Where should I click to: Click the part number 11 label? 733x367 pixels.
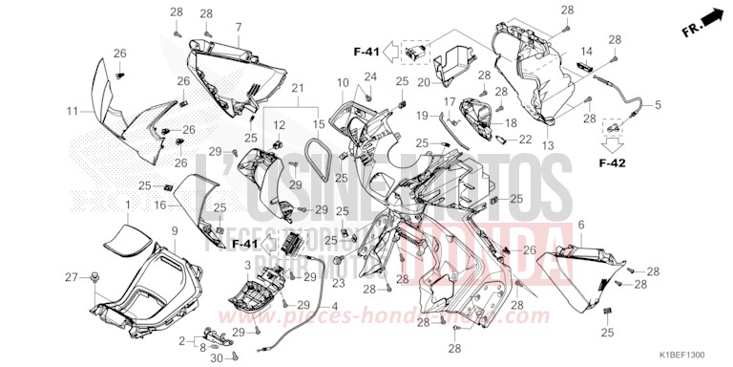pos(71,112)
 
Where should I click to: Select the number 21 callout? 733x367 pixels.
pos(297,88)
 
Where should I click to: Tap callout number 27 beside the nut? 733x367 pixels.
pos(70,277)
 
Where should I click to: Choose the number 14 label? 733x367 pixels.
pos(586,51)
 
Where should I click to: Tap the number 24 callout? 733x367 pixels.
pos(369,76)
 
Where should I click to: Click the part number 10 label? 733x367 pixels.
pos(343,84)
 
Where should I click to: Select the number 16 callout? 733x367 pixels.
pos(161,205)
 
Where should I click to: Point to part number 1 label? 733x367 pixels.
pos(128,205)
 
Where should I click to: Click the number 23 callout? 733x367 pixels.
pos(337,284)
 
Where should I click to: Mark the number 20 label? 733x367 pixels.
pos(424,81)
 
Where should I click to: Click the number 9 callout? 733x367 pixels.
pos(175,231)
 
